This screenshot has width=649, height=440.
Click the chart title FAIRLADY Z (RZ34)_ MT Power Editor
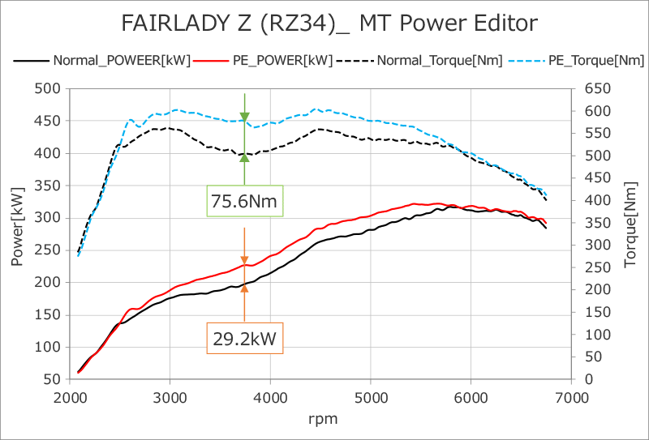tap(329, 22)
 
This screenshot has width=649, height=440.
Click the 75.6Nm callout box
tap(243, 199)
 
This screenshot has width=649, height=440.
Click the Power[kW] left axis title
tap(17, 233)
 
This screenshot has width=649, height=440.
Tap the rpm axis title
tap(321, 419)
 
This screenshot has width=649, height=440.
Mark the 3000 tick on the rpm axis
tap(170, 397)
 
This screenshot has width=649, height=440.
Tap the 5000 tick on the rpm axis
tap(370, 397)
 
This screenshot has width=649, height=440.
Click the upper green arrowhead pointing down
tap(244, 117)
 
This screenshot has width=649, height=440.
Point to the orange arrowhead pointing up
tap(244, 287)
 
